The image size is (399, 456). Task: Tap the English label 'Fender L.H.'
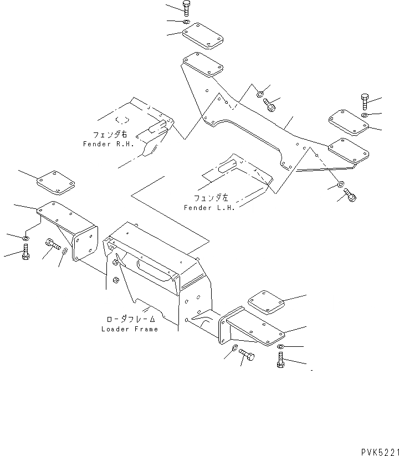(x=209, y=207)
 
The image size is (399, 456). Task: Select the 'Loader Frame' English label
(x=130, y=329)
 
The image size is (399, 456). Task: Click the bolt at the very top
(x=186, y=8)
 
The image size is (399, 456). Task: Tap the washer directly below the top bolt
(x=186, y=22)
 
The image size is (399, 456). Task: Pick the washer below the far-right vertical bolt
(x=364, y=115)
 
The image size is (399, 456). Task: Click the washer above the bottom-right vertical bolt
(x=281, y=347)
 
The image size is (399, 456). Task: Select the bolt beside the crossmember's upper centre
(x=270, y=104)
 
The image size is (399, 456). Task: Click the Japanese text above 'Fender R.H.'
(x=110, y=135)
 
